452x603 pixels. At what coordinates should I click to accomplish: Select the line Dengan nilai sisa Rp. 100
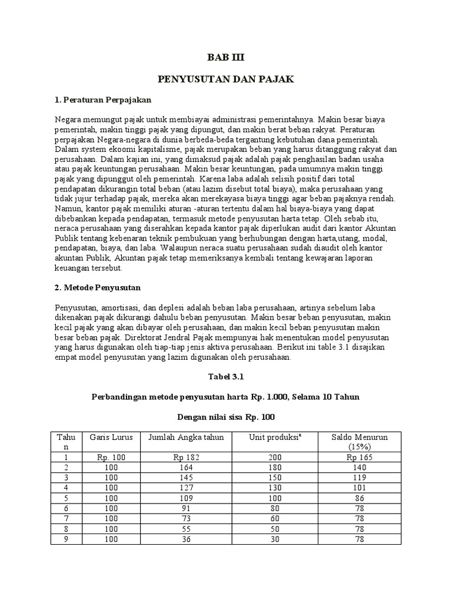click(x=225, y=417)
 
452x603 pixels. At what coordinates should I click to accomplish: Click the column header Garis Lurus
click(x=111, y=437)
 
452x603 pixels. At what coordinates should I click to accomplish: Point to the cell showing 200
click(x=274, y=457)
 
